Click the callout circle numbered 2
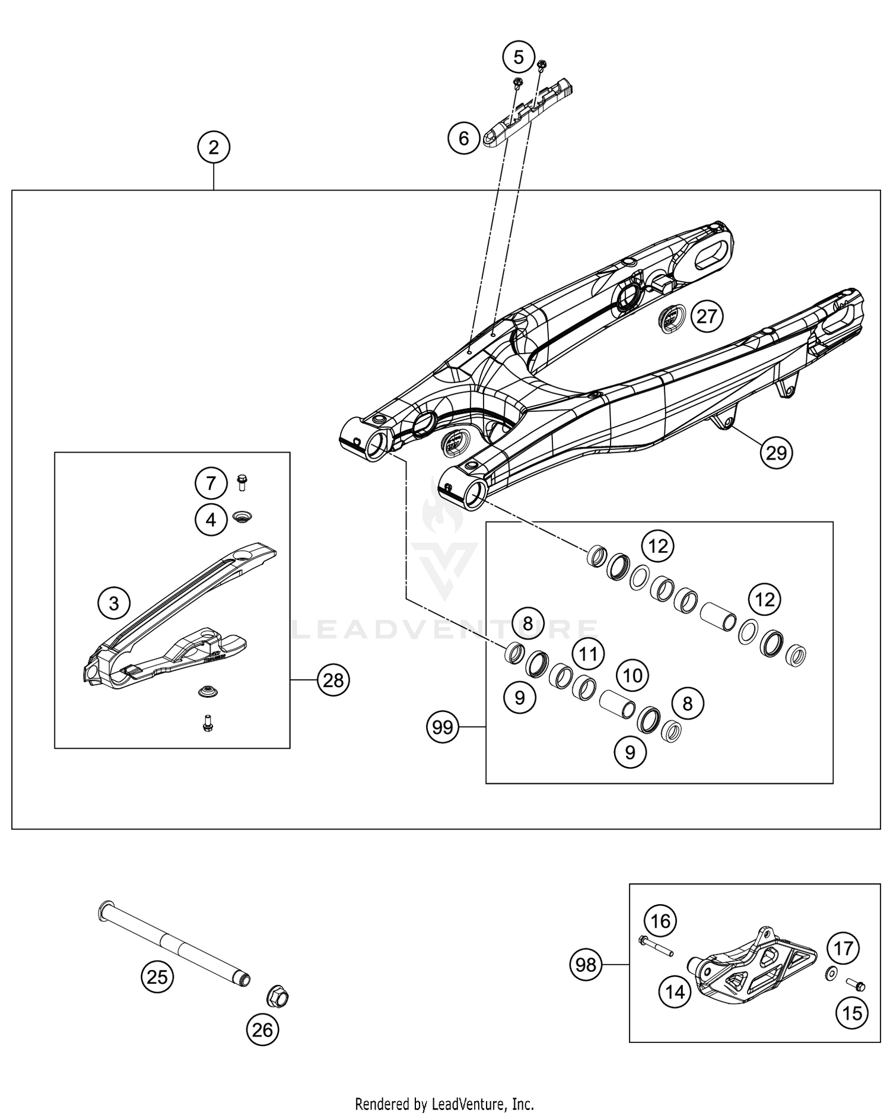[214, 147]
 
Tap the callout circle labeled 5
[519, 58]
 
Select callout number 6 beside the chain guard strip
[463, 138]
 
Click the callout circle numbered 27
[707, 316]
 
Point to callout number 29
[776, 453]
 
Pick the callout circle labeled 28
[333, 680]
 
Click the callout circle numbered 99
[443, 727]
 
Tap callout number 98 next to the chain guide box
[586, 965]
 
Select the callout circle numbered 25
[157, 976]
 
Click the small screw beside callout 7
[241, 482]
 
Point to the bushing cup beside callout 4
[242, 516]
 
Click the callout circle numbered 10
[632, 675]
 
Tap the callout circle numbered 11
[588, 654]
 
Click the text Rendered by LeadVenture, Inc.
[444, 1104]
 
